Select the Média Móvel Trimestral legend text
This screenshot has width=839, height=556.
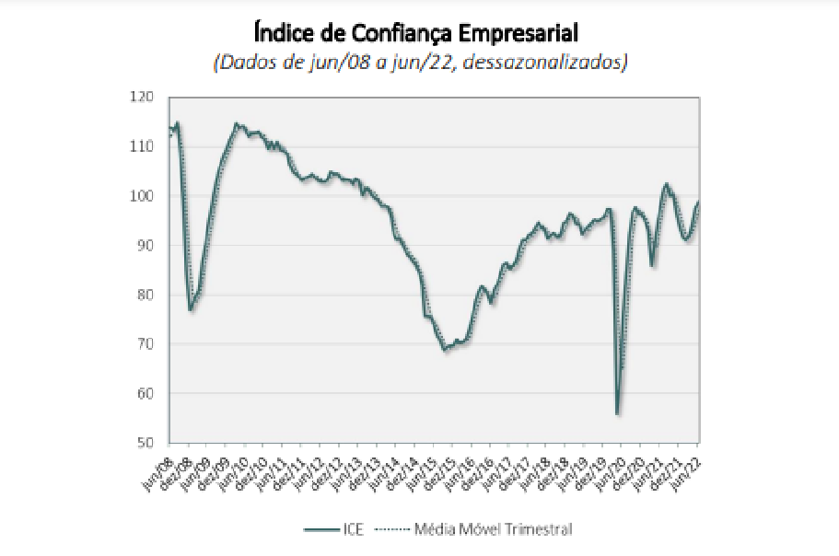493,528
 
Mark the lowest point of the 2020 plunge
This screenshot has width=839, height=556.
617,414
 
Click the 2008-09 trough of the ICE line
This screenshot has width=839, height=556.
191,309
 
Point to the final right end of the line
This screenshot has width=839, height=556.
698,202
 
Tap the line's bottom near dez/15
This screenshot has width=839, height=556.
445,350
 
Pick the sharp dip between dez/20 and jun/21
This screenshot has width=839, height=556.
652,266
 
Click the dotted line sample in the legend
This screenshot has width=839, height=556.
394,528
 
